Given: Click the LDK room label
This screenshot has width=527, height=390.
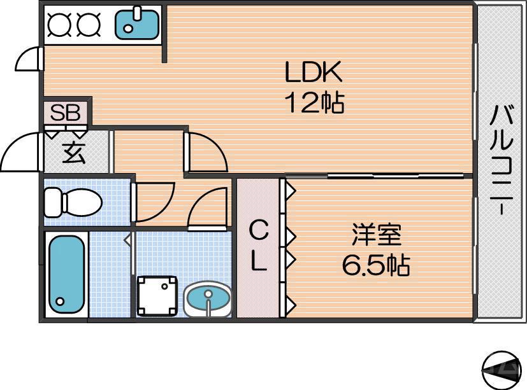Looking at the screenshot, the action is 314,72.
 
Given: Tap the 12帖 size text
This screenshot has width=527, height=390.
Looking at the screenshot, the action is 315,102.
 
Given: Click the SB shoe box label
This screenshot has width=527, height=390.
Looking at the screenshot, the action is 65,113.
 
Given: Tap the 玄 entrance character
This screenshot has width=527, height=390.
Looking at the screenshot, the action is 74,153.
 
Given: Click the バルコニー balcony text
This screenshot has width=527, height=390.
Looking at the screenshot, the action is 501,160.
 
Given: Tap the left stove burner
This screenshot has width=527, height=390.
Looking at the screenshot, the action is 59,24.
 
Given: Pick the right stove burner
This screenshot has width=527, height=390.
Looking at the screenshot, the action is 89,24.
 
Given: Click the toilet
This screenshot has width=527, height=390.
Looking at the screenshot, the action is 73,202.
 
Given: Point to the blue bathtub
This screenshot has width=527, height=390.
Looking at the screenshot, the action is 66,274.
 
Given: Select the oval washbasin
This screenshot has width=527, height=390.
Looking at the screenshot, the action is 208,298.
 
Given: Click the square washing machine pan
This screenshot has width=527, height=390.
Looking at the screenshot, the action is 157,296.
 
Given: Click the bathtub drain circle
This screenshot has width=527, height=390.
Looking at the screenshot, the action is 60,301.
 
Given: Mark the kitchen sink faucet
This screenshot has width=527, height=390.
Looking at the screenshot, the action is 138,13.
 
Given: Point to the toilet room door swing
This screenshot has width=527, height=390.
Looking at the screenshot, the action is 155,202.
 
